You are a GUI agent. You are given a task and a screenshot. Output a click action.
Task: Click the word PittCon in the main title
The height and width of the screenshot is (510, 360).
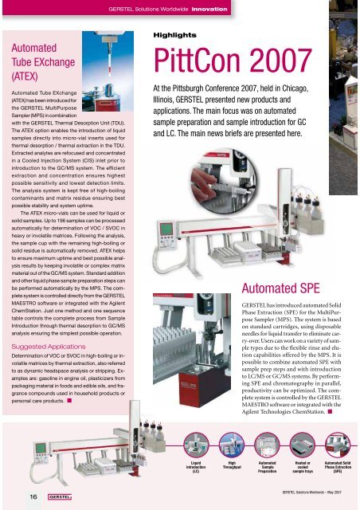point(190,59)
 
